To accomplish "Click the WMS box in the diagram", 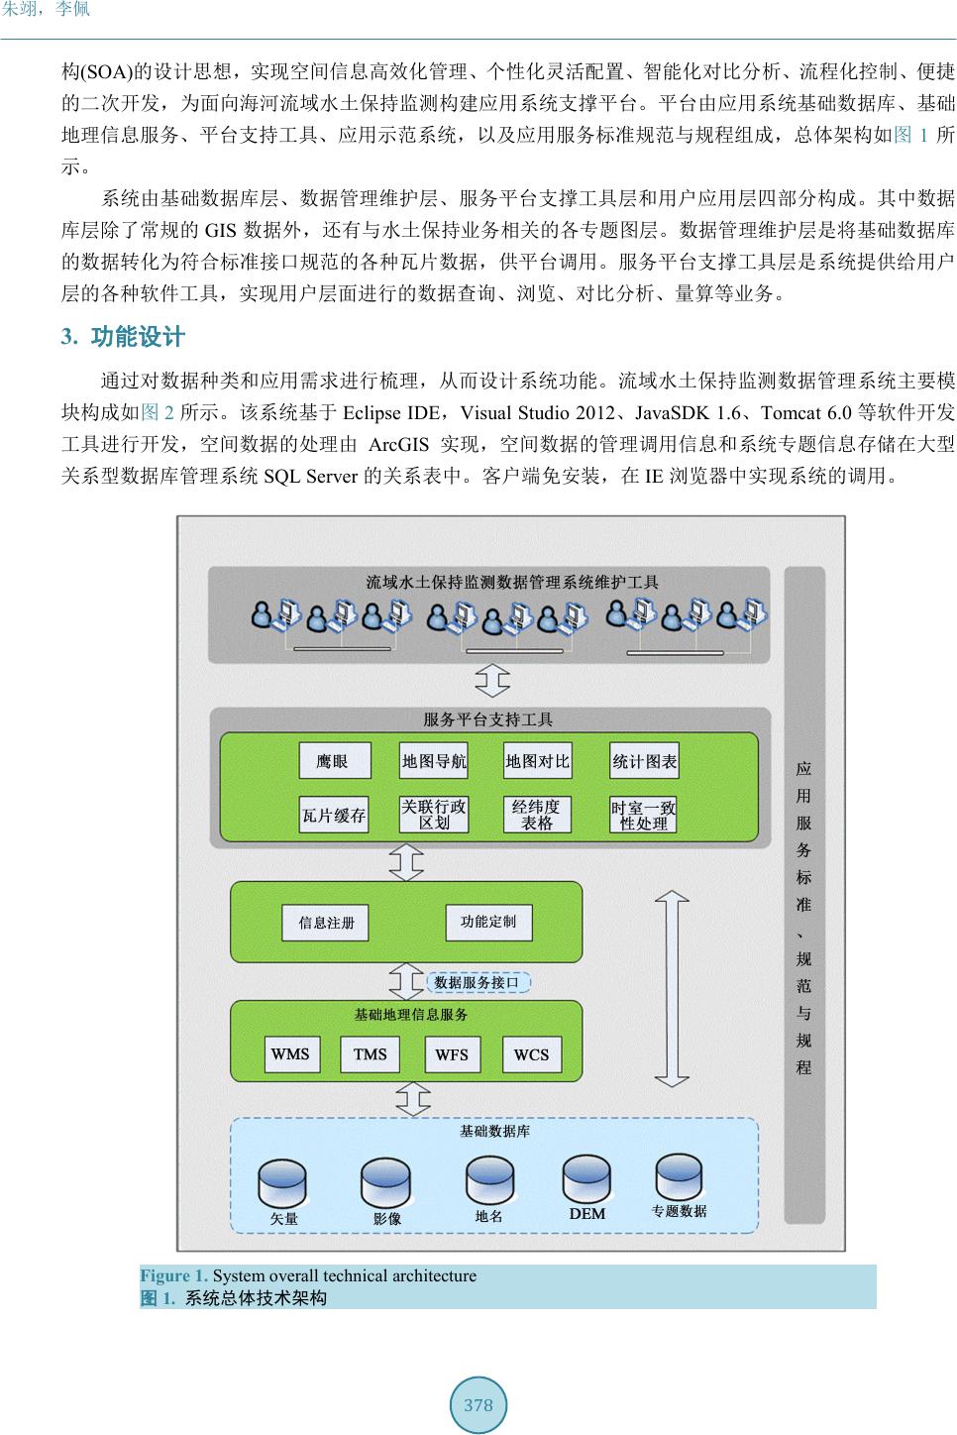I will point(290,1054).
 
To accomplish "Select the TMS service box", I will point(370,1054).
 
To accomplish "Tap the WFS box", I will point(452,1054).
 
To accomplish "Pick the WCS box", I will point(531,1054).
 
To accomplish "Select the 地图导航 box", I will point(434,761).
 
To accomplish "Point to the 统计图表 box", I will point(645,761).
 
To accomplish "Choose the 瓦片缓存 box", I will point(334,816).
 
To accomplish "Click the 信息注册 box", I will point(327,923).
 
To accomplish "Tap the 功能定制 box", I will point(488,922).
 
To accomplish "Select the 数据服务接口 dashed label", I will point(478,982).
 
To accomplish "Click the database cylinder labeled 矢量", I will point(283,1183).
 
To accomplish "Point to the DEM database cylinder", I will point(587,1178).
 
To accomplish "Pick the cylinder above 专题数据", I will point(680,1176).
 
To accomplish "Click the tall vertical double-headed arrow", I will point(673,990).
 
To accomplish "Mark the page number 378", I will point(478,1404).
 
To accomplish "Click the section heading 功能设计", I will point(138,337).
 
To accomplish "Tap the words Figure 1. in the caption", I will point(174,1275).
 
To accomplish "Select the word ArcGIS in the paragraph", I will point(397,445).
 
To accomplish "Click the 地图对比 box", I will point(538,761).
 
